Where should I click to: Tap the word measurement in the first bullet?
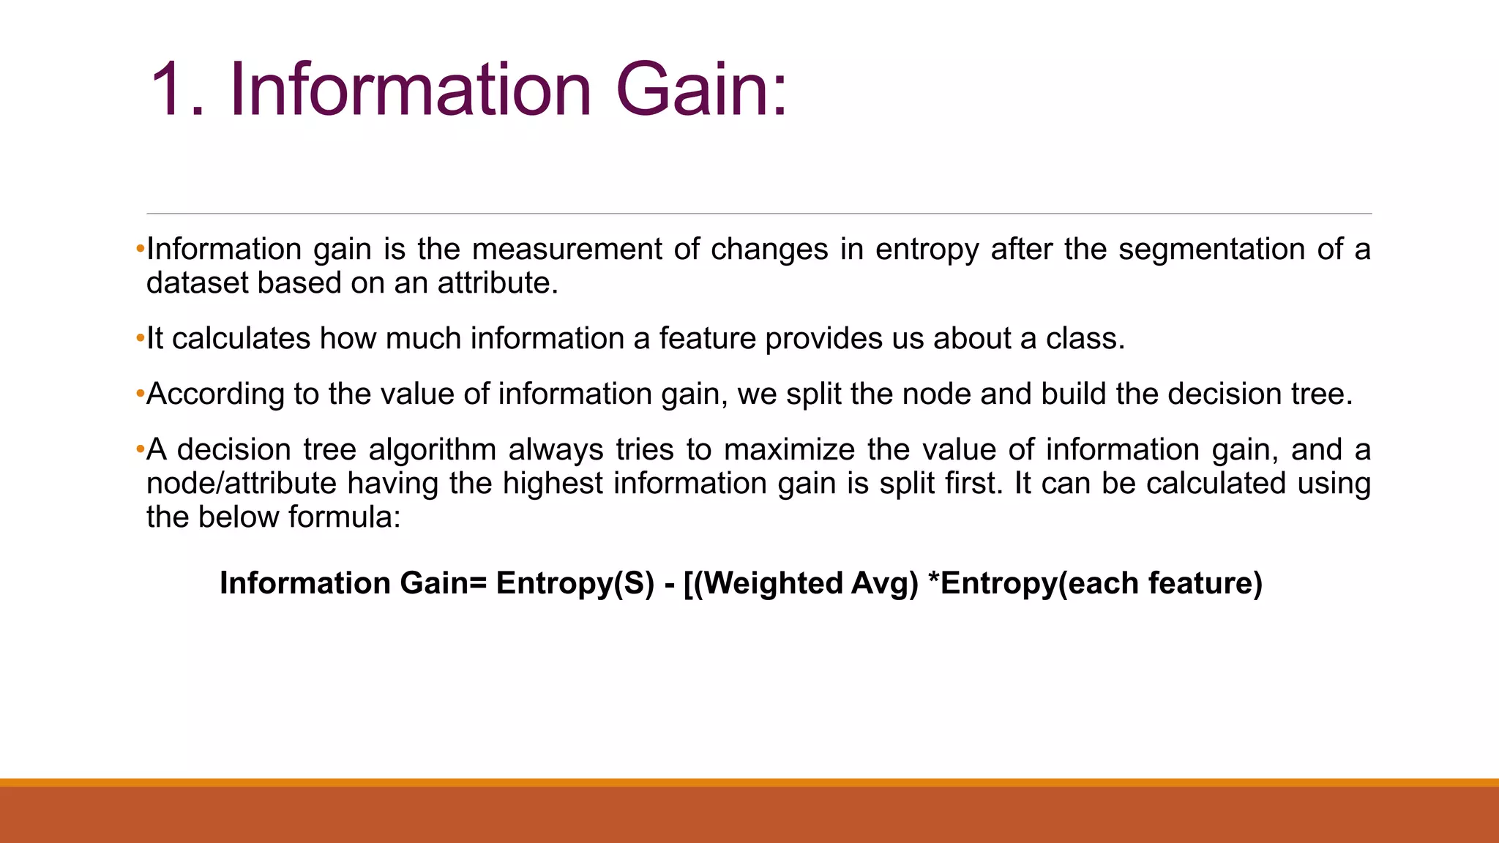567,250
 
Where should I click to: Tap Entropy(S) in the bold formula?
575,583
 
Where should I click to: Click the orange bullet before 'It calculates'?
141,340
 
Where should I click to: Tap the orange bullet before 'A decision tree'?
141,451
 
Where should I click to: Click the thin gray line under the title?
758,214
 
